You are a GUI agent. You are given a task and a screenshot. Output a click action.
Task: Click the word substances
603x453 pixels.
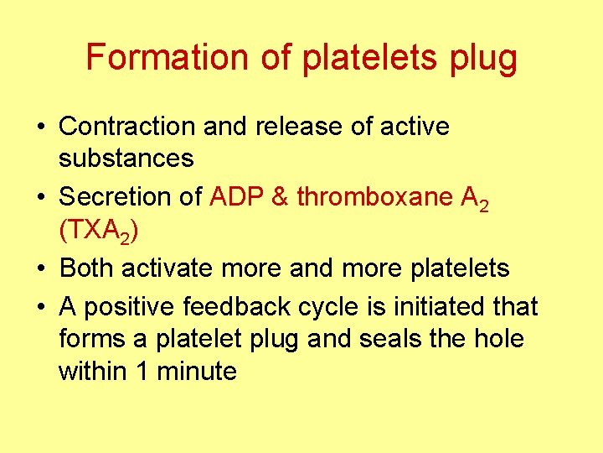point(126,158)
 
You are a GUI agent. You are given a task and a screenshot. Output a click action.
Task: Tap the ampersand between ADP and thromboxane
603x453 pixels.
point(281,196)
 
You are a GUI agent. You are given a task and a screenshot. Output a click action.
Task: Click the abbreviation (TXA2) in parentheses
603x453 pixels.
point(96,230)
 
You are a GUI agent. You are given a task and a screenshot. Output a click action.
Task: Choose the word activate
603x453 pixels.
point(166,268)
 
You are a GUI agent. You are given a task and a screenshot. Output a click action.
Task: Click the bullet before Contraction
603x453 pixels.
point(40,128)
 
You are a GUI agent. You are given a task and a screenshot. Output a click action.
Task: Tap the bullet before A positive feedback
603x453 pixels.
point(40,308)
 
